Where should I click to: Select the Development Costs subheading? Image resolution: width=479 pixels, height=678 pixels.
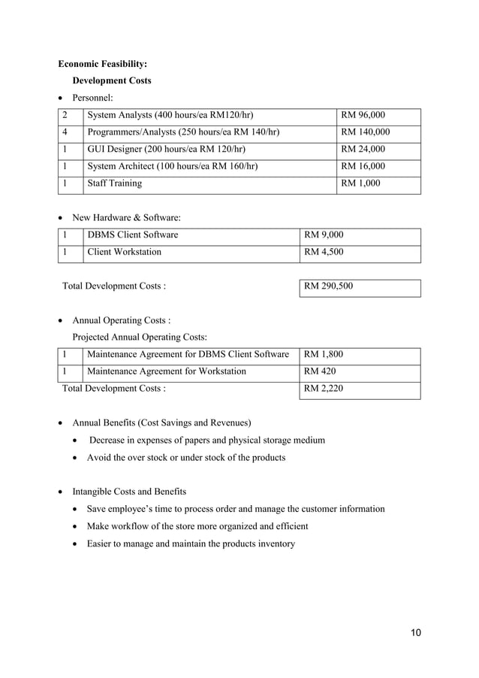tap(111, 80)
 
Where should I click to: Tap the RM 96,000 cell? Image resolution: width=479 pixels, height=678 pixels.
tap(363, 116)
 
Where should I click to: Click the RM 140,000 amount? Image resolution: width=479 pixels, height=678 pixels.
tap(365, 132)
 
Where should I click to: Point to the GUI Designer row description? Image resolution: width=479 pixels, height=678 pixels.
tap(166, 149)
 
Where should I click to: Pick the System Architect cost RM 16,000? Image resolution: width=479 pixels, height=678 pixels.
tap(363, 166)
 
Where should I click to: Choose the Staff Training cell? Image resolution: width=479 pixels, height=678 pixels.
tap(114, 183)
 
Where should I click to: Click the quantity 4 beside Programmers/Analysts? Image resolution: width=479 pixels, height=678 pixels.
tap(66, 132)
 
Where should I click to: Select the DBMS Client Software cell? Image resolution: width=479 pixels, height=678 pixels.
tap(133, 235)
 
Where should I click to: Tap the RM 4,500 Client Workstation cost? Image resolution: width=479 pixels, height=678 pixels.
tap(324, 252)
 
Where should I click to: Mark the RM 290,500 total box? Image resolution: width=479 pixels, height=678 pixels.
tap(328, 286)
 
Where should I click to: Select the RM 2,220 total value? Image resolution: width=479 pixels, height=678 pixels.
tap(323, 389)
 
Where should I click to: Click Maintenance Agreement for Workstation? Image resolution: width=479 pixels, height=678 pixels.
tap(166, 371)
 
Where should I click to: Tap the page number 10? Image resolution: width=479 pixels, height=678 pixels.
tap(415, 632)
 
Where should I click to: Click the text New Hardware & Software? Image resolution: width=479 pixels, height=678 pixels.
tap(126, 218)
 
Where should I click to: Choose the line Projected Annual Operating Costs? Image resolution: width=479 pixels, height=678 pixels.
tap(140, 337)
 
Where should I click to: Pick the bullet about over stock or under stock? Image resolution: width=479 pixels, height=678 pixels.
tap(185, 457)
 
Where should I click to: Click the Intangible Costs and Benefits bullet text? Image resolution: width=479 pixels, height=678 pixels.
tap(128, 492)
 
